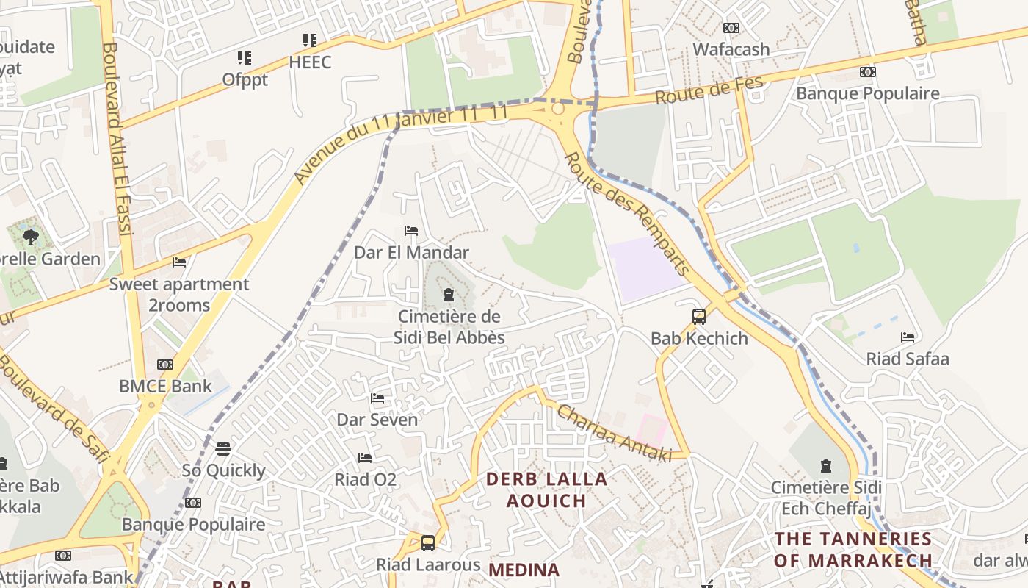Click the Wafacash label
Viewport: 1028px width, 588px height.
point(731,49)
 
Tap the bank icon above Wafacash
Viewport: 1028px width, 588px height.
point(731,28)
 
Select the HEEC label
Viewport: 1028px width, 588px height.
point(310,62)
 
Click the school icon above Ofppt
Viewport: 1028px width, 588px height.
point(245,57)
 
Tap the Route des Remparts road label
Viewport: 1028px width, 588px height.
point(627,213)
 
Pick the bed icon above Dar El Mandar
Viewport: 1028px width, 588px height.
point(411,231)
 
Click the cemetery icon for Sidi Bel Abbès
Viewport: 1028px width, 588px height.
point(449,295)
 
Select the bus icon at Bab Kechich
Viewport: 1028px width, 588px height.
point(699,317)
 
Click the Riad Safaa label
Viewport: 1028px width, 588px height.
point(908,359)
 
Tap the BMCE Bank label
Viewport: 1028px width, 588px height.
point(165,386)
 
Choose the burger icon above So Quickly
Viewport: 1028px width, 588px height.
point(223,448)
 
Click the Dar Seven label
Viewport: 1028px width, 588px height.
point(377,420)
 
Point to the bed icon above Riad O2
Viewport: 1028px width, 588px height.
point(365,458)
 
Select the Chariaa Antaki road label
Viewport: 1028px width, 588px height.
point(614,434)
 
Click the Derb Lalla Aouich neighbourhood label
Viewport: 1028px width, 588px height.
point(547,490)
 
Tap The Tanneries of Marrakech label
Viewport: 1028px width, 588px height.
point(853,549)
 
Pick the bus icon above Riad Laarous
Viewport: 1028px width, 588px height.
point(428,543)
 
